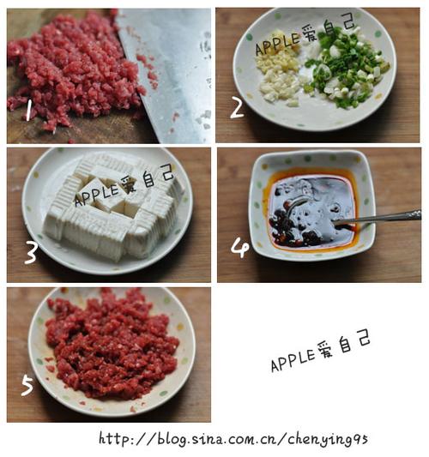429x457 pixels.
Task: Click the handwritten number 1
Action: click(x=29, y=110)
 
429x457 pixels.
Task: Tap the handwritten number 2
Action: click(x=237, y=107)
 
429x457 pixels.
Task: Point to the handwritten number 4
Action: click(x=240, y=247)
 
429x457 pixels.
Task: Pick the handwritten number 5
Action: click(x=27, y=385)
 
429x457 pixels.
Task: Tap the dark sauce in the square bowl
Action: click(x=309, y=210)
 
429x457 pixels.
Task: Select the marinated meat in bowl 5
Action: click(x=112, y=347)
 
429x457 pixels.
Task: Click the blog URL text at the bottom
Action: click(x=233, y=439)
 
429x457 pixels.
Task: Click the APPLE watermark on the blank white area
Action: click(x=321, y=351)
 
